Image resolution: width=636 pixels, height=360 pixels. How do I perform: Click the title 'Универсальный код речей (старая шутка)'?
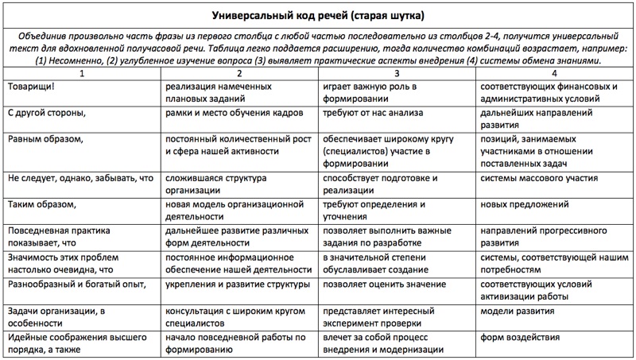click(x=318, y=15)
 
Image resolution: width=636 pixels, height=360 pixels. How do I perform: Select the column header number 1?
click(x=82, y=74)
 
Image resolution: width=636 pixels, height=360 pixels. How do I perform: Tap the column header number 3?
click(x=397, y=74)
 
